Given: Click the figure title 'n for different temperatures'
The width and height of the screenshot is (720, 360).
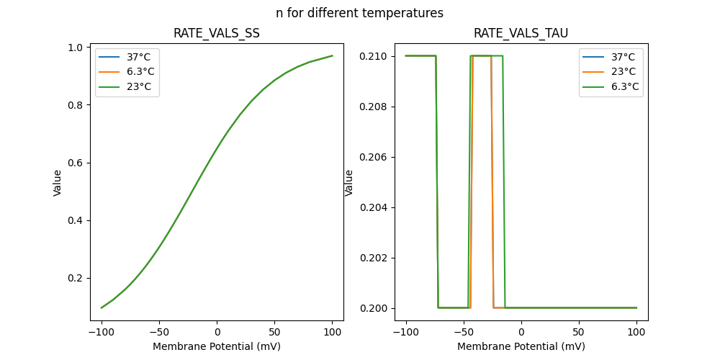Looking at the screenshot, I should [359, 13].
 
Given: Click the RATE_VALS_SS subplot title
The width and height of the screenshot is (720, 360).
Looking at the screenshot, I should [217, 33].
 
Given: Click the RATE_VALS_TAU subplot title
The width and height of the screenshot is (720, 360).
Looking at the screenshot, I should [521, 33].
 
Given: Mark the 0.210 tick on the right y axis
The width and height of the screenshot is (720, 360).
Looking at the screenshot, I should [375, 56].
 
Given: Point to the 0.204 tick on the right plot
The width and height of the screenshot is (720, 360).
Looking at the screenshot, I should [375, 207].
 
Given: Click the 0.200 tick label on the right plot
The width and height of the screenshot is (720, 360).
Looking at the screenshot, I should [375, 308].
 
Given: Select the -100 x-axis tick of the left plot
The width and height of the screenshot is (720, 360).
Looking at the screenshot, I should [102, 333].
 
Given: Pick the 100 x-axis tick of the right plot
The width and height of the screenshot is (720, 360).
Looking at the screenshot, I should [636, 333].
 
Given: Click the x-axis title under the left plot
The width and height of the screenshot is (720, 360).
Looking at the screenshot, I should [217, 346].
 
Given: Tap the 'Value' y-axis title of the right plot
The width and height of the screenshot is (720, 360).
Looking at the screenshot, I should [349, 183].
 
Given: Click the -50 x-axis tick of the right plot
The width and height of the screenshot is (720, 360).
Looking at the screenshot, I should [464, 333].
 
